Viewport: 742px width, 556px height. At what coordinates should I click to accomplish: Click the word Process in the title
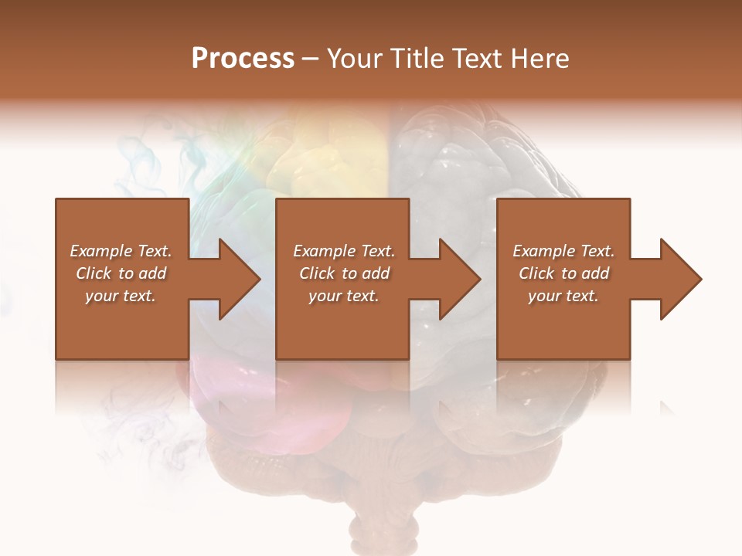pos(243,59)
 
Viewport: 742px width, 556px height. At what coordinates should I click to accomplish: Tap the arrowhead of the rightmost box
pos(679,279)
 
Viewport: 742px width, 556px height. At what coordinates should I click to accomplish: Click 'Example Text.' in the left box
pos(121,251)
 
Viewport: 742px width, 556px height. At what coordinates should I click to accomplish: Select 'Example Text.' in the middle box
pos(344,251)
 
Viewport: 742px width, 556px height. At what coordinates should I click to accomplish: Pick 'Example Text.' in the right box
pos(563,251)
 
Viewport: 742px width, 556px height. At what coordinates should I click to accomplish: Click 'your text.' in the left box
pos(121,296)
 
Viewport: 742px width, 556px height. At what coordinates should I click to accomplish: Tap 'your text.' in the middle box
pos(344,296)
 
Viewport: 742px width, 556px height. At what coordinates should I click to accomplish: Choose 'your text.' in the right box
pos(563,296)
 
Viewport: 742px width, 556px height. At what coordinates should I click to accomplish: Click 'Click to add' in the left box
pos(121,273)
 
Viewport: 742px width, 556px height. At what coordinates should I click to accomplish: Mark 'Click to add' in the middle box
pos(344,273)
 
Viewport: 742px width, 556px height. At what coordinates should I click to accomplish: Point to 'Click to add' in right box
pos(563,273)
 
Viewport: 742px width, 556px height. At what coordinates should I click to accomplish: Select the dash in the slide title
pos(311,59)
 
